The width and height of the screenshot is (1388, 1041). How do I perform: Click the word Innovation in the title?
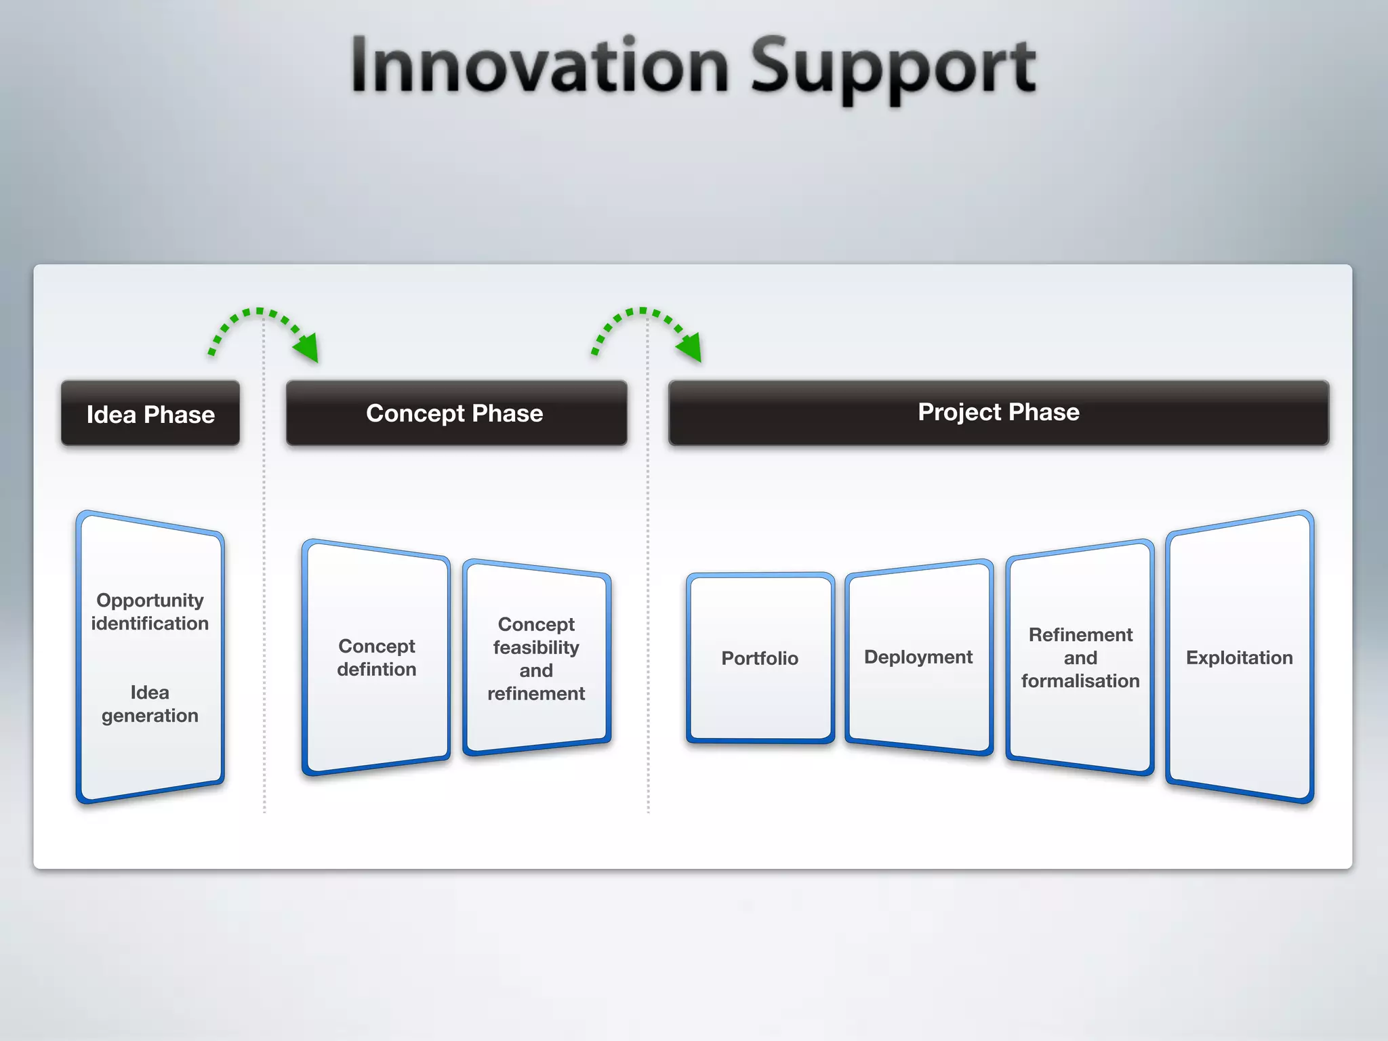point(539,66)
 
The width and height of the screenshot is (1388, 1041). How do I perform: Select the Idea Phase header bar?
point(150,413)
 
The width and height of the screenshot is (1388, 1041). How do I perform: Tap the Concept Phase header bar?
point(455,413)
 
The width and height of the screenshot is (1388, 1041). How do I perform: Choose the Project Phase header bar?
point(998,412)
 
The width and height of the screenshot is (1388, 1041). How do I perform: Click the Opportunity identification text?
point(150,611)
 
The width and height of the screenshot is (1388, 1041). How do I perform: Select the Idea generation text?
point(150,703)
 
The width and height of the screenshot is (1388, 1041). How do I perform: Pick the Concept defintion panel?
point(376,657)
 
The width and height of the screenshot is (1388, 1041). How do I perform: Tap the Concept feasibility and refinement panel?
point(536,658)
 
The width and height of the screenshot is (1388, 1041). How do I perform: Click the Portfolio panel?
point(760,658)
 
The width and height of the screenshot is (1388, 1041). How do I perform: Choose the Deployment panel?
point(918,657)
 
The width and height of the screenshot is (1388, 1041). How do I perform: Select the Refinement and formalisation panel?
point(1080,657)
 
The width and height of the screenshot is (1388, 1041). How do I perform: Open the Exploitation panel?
point(1239,657)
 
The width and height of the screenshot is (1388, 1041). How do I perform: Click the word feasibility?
point(536,647)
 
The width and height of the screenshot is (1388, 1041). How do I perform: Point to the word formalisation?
point(1080,680)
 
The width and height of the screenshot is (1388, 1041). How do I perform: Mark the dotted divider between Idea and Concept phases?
point(264,610)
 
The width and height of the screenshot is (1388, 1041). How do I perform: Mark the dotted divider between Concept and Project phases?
point(648,610)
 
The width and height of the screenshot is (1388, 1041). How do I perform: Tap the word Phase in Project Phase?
point(1044,412)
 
